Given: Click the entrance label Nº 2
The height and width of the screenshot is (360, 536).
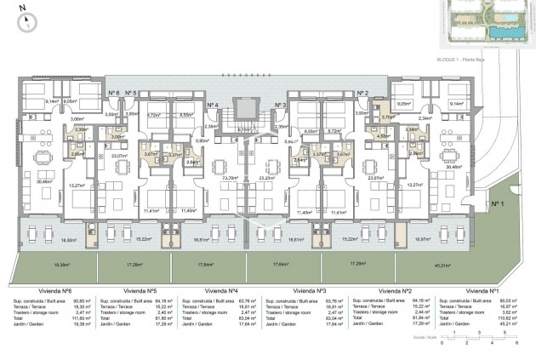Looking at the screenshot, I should pos(362,92).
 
